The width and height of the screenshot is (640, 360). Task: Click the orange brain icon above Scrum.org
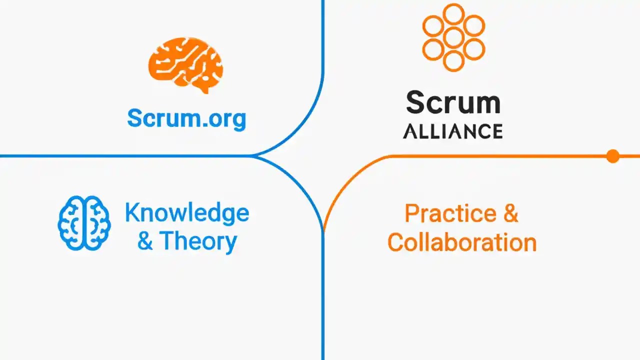pos(185,65)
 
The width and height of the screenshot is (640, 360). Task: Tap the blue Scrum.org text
pos(186,119)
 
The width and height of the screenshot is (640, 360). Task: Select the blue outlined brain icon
pos(84,223)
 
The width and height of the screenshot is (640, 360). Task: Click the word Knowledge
pos(187,213)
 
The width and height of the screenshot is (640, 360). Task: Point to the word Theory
pos(198,241)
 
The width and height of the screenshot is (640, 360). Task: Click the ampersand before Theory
pos(145,241)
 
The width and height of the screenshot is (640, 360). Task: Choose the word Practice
pos(450,213)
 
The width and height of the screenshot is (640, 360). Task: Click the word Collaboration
pos(462,242)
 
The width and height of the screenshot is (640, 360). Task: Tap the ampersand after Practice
pos(511,213)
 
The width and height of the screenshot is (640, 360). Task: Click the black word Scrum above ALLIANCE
pos(453,102)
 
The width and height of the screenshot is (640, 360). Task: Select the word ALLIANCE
pos(453,131)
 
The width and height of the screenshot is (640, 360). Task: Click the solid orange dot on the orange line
pos(613,156)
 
